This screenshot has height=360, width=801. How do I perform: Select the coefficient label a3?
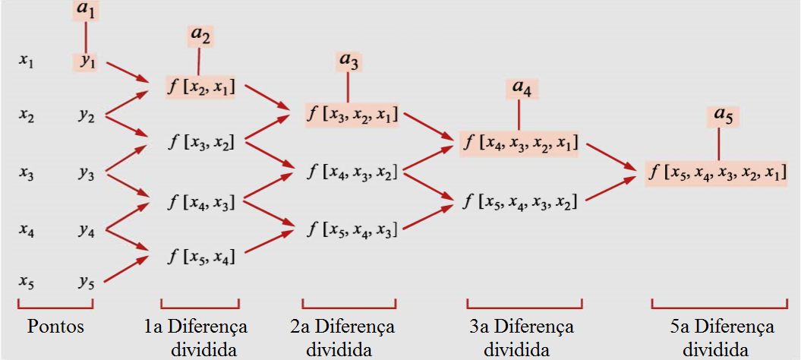click(x=348, y=62)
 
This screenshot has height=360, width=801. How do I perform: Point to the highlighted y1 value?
click(x=88, y=62)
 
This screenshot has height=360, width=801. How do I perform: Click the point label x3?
click(x=27, y=172)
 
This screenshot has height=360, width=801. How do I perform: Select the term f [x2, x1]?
click(x=200, y=87)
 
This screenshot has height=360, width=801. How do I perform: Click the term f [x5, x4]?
click(x=200, y=257)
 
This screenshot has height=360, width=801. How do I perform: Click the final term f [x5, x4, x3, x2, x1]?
click(x=717, y=172)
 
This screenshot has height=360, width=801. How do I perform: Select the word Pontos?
click(x=55, y=328)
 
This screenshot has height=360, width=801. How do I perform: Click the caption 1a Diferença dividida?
click(x=196, y=338)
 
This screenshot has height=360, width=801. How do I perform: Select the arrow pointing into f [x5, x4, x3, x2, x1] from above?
click(x=611, y=156)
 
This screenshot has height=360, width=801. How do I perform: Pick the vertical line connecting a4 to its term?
click(x=519, y=115)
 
